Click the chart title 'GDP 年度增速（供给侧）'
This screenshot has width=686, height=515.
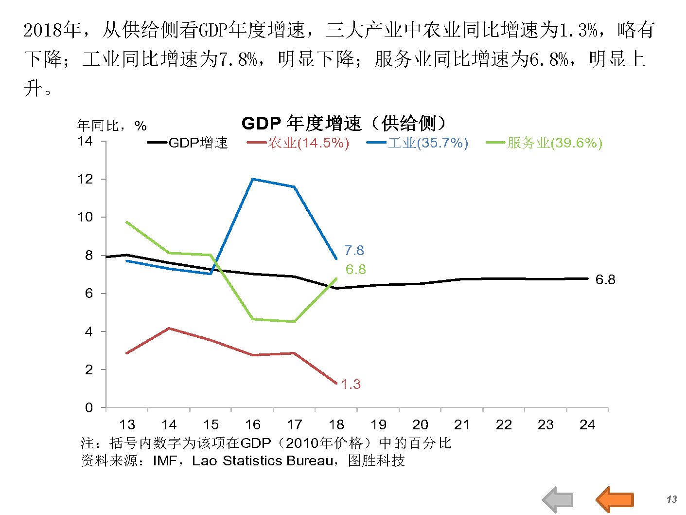(344, 123)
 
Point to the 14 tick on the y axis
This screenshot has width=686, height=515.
(85, 141)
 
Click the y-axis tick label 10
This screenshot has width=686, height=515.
(85, 217)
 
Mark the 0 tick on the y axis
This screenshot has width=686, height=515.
(88, 407)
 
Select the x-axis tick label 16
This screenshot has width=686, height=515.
(252, 424)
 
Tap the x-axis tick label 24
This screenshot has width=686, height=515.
(587, 424)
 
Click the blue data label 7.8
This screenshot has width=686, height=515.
(354, 250)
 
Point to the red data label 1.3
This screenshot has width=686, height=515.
(351, 384)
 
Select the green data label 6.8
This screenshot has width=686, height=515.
(355, 269)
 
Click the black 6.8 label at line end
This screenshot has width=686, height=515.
(605, 279)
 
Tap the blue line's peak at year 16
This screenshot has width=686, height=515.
(253, 179)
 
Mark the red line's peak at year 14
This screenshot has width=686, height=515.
(169, 328)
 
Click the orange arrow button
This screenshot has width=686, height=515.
(615, 499)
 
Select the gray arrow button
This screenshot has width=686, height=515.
(558, 499)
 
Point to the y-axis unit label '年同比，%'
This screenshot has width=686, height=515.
(111, 126)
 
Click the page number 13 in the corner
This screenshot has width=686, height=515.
(671, 499)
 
